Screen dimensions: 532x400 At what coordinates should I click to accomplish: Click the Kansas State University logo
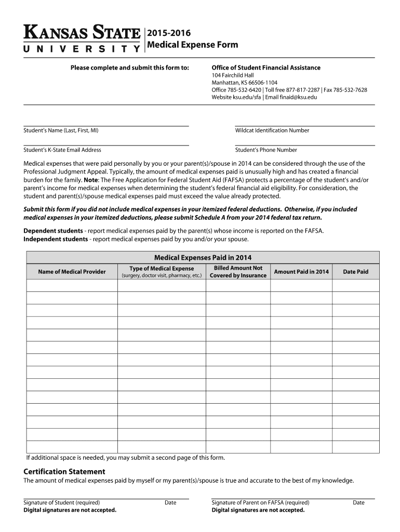click(82, 39)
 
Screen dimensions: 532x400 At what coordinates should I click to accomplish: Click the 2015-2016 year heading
click(166, 33)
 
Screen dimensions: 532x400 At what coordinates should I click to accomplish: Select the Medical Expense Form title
click(193, 45)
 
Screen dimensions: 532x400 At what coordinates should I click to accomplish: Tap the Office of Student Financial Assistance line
click(266, 68)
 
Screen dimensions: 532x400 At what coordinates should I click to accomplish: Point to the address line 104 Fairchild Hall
click(232, 75)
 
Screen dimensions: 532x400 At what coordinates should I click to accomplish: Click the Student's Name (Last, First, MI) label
click(61, 130)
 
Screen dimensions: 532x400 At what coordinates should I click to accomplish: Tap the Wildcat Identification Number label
click(272, 130)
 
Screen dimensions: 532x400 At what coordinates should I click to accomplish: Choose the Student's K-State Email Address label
click(62, 150)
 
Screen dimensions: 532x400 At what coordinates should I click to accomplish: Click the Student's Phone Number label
click(266, 150)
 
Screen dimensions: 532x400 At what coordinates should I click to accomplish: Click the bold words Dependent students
click(53, 231)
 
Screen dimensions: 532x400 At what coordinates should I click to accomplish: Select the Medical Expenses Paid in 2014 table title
click(203, 257)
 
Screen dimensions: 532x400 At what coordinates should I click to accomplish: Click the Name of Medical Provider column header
click(72, 272)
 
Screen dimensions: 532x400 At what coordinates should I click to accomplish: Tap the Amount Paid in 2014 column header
click(301, 272)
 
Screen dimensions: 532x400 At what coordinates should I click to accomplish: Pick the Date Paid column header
click(355, 272)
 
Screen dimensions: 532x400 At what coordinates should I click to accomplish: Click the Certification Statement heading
click(64, 471)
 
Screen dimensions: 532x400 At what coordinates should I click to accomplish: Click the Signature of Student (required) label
click(62, 502)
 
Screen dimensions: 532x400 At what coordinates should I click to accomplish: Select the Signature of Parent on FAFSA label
click(260, 502)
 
